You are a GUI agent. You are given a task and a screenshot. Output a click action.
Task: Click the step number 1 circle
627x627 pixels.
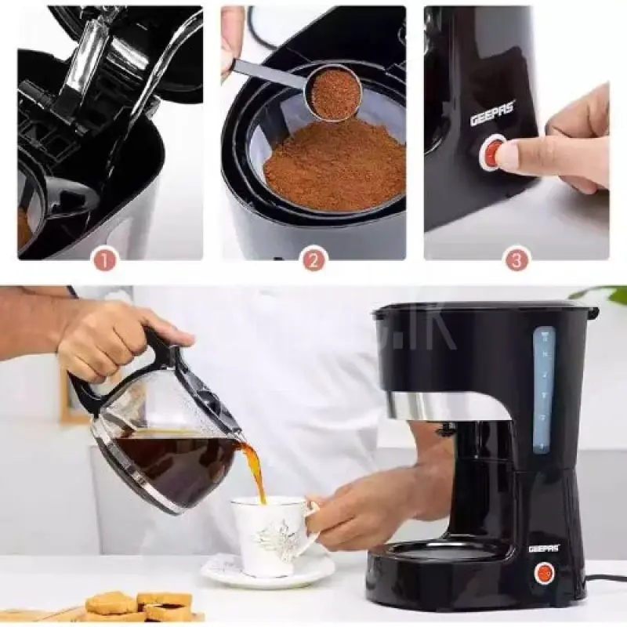(x=104, y=259)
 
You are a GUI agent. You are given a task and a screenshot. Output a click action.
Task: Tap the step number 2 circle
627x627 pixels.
(x=313, y=259)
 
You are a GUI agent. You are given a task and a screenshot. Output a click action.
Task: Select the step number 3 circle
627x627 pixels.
(x=516, y=259)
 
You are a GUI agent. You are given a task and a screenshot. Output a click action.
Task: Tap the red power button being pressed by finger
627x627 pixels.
(x=493, y=152)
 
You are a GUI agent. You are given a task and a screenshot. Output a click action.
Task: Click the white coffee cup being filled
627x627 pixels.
(x=271, y=534)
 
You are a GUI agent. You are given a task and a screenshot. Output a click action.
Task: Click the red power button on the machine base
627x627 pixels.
(x=544, y=574)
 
